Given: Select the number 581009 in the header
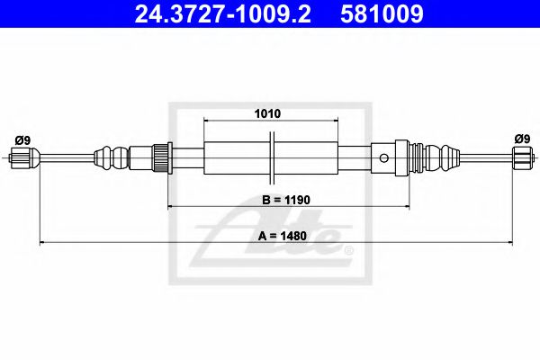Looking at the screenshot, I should [x=382, y=14].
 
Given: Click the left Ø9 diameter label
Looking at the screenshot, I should [x=23, y=139].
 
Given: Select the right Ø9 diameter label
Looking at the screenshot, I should [x=520, y=139].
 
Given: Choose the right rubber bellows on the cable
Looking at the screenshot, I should [x=441, y=159].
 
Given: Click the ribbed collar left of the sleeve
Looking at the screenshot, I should [x=163, y=158].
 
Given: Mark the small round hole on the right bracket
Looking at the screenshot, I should [x=383, y=159].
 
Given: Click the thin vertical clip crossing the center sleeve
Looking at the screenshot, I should [x=273, y=158].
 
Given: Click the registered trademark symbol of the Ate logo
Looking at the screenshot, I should [x=349, y=248].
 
